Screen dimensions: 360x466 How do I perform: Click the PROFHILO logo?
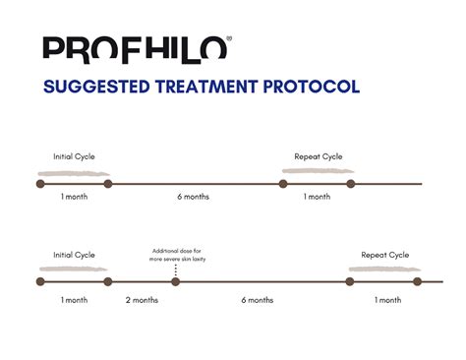136,48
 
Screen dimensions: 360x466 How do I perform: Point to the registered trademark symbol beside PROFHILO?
230,38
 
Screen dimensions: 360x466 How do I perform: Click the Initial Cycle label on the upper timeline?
75,156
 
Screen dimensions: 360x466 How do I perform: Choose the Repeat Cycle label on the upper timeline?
317,156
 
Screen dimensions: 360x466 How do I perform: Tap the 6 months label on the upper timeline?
193,197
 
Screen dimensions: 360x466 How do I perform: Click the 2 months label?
142,299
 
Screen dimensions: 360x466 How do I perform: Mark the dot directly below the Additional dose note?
176,281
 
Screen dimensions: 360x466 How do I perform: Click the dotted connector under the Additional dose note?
176,270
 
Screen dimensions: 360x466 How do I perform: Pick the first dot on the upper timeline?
40,183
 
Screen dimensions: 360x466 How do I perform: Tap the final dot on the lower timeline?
417,281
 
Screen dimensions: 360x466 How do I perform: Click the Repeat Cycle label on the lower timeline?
384,255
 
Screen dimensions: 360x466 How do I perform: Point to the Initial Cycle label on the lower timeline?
75,255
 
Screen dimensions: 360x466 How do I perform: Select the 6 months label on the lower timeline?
259,299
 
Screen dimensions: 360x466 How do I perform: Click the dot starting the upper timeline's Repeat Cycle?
283,183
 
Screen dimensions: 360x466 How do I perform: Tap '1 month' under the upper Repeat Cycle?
317,197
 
